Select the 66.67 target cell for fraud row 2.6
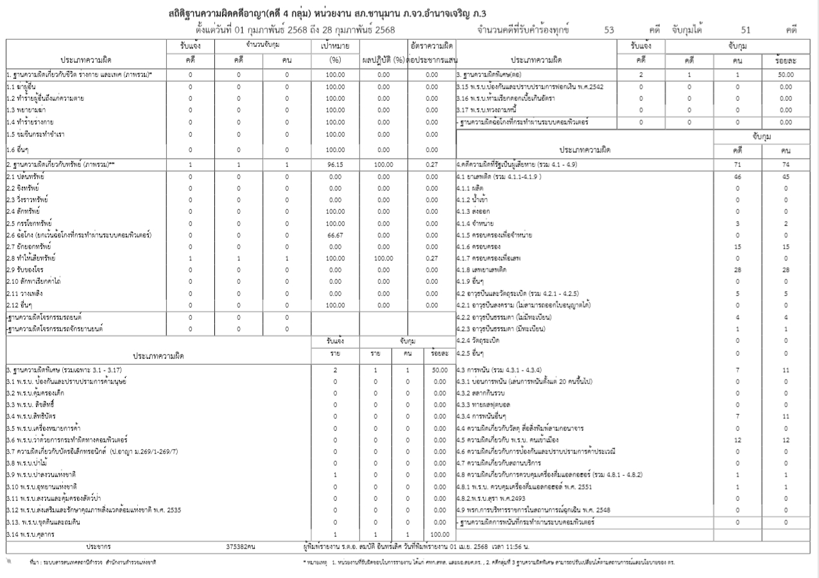(x=335, y=235)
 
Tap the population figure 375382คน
(x=241, y=547)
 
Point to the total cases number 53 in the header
(x=609, y=30)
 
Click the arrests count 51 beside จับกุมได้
(x=745, y=30)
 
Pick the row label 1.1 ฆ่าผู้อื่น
(x=22, y=86)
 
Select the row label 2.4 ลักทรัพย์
(x=23, y=211)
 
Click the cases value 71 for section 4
(x=737, y=164)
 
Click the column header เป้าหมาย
(x=335, y=46)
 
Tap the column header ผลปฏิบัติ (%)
(x=384, y=60)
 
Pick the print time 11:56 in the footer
(x=509, y=547)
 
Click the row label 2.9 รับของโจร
(x=24, y=270)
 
